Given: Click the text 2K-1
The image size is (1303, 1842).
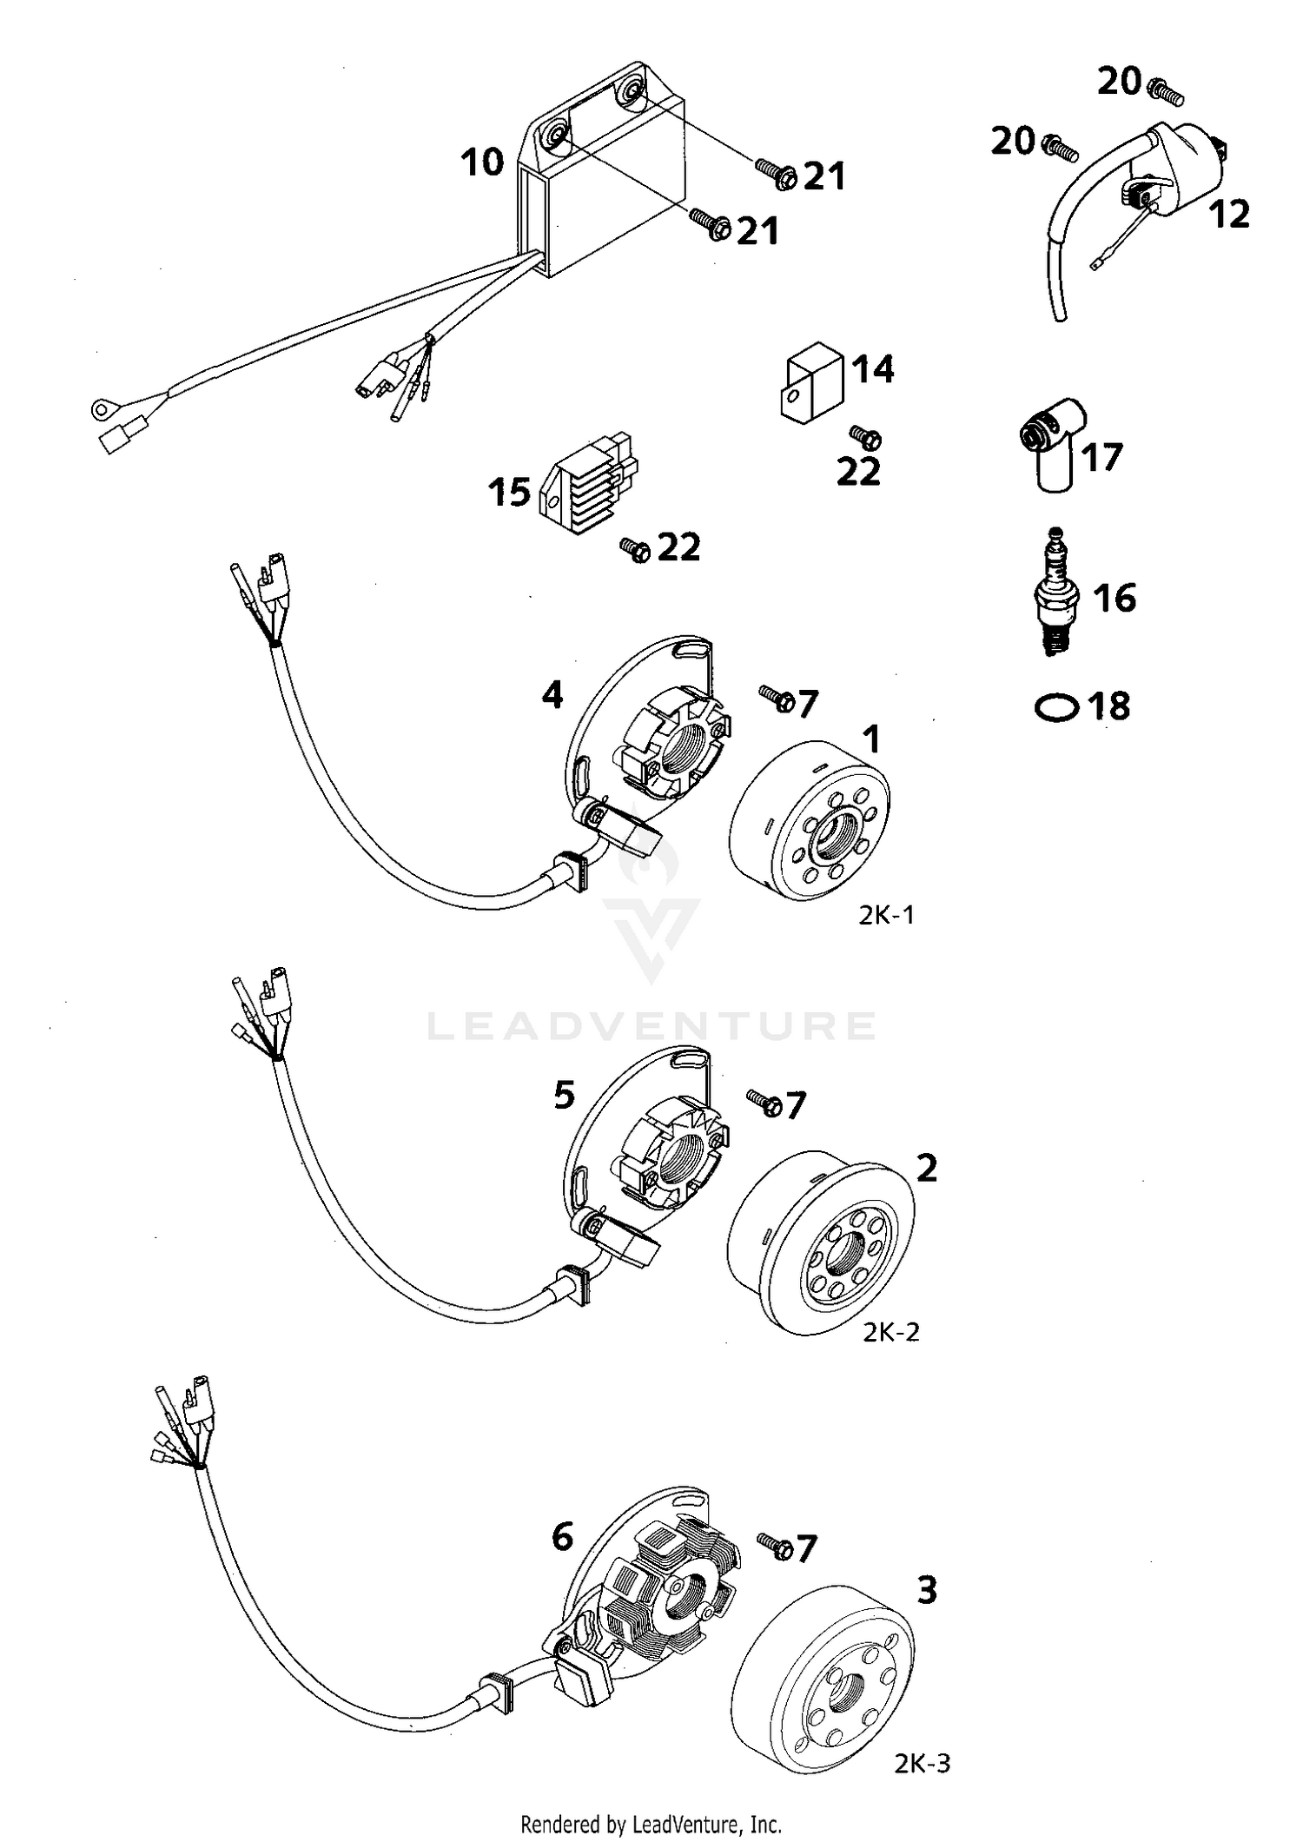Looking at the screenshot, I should coord(886,915).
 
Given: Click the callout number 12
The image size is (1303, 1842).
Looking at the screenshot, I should coord(1229,214).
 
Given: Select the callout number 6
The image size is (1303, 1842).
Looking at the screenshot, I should coord(562,1537).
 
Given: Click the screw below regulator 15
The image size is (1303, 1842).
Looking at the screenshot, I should coord(635,548).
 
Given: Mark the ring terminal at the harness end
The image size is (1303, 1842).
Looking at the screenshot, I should coord(105,407).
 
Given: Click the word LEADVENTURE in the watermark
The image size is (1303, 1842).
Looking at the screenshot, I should coord(651,1026).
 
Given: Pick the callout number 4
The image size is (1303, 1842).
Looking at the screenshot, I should coord(552,694).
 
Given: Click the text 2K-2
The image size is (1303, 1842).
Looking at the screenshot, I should coord(890,1332).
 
